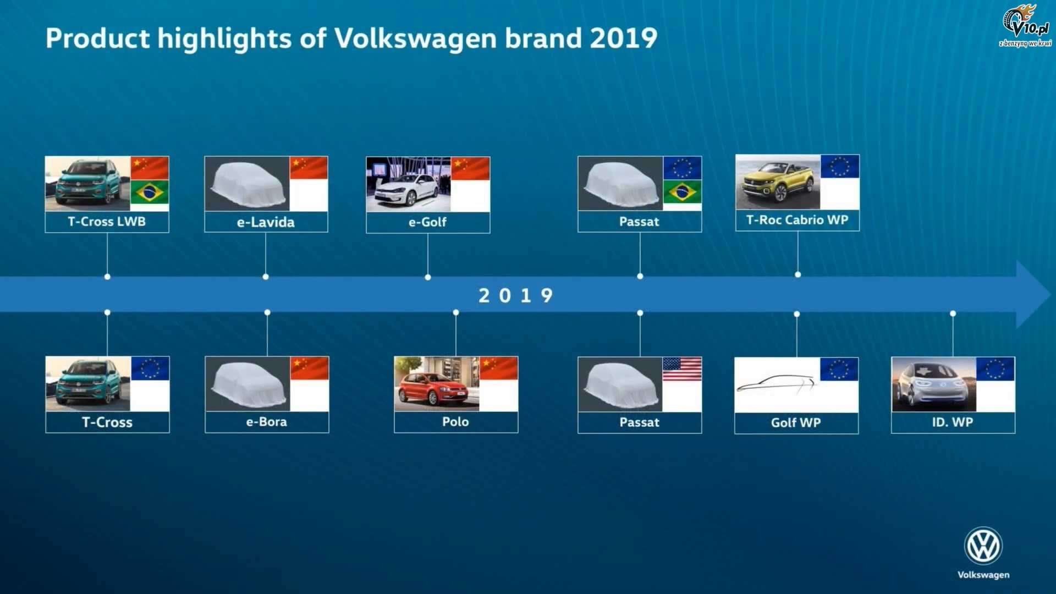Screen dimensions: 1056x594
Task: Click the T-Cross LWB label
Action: tap(107, 222)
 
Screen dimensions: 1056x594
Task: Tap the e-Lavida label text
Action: tap(266, 222)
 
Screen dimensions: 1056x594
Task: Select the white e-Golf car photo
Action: tap(409, 184)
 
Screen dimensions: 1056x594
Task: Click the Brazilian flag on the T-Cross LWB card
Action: tap(150, 192)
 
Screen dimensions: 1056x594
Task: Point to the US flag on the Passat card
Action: tap(682, 369)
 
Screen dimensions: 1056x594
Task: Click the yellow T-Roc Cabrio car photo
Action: tap(778, 182)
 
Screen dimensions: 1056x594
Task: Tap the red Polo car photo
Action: tap(437, 384)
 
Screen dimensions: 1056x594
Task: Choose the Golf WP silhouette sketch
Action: tap(777, 383)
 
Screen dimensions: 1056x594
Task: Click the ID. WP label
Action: tap(953, 422)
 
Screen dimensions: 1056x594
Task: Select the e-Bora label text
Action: tap(267, 422)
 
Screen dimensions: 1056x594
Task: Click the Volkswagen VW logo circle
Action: tap(983, 546)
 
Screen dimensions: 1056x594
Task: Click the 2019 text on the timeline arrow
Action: tap(515, 295)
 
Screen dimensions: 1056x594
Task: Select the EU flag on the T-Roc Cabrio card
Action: tap(840, 167)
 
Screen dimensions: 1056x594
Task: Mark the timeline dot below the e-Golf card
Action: tap(428, 277)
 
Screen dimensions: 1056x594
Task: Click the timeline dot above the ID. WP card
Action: tap(953, 313)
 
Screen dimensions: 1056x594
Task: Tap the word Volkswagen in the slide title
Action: tap(415, 38)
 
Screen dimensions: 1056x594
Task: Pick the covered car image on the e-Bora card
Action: tap(248, 384)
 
